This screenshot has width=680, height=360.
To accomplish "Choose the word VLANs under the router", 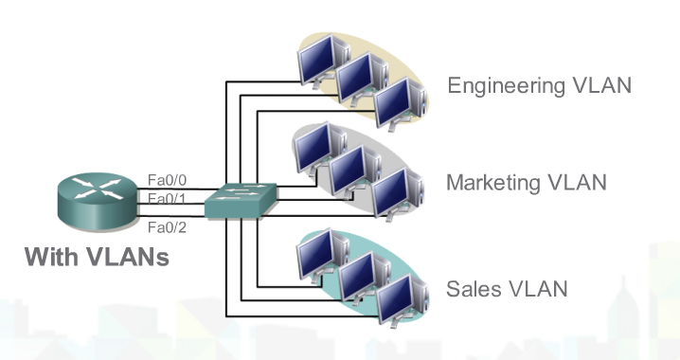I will click(x=128, y=257).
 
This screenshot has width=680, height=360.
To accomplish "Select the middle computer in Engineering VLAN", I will click(x=355, y=78).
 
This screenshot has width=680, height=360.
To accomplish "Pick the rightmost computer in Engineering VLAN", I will click(x=393, y=99).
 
